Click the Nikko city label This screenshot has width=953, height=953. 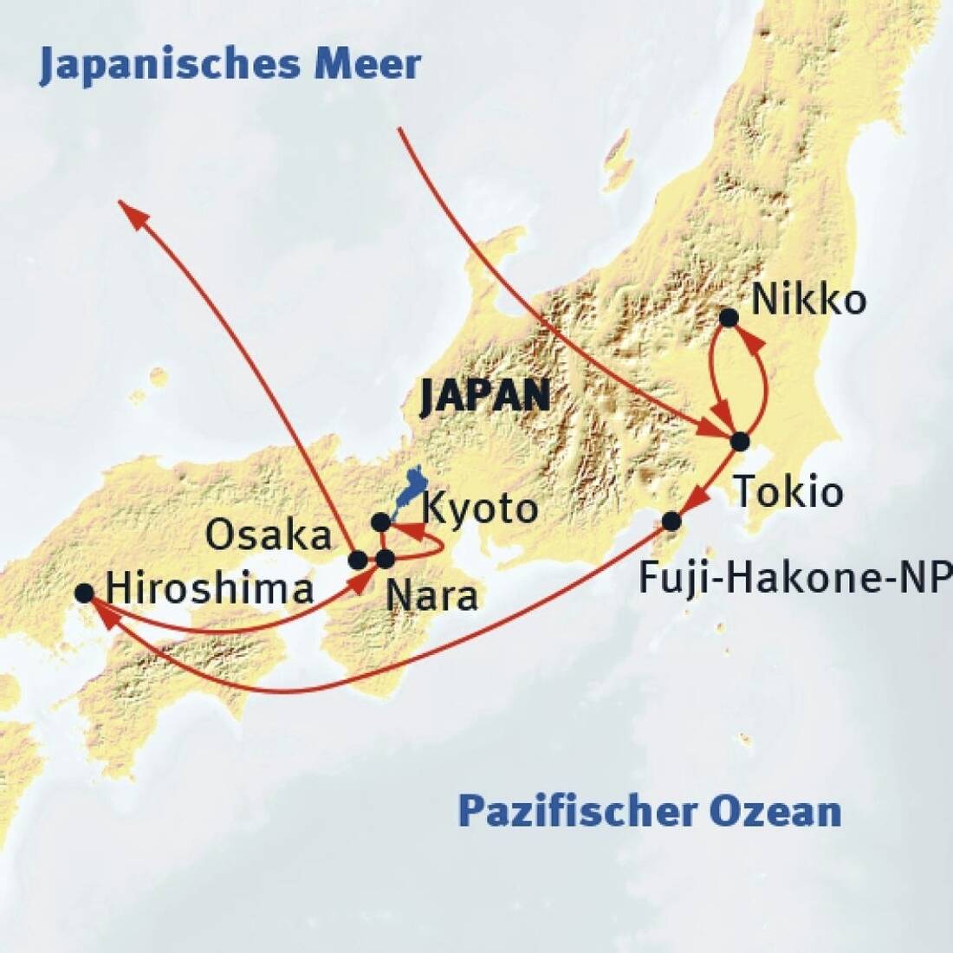coord(808,301)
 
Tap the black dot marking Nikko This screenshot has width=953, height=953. coord(729,318)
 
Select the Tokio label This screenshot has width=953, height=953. coord(788,492)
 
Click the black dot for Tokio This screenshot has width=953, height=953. coord(739,441)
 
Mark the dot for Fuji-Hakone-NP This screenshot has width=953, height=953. coord(671,521)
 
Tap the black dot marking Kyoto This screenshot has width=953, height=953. coord(380,522)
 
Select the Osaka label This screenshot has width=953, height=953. coord(269,536)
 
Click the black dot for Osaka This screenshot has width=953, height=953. coord(357,560)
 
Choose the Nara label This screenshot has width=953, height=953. coord(431,597)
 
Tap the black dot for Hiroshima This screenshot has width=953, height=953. coord(84,593)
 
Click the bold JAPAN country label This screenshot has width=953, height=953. coord(484,397)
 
